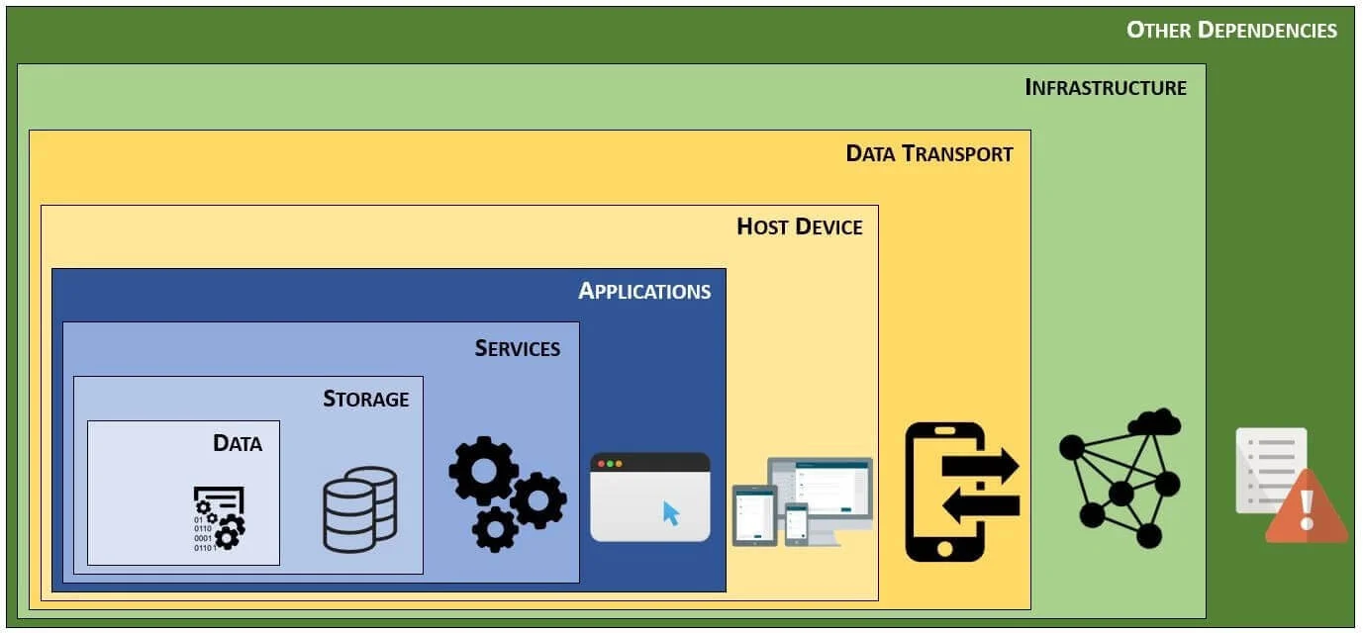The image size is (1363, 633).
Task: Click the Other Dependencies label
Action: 1231,30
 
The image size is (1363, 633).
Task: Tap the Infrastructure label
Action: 1106,87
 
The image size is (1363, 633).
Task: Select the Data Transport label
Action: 929,153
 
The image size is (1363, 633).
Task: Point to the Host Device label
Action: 800,226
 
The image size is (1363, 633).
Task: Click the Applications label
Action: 644,291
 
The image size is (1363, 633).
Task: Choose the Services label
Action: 518,348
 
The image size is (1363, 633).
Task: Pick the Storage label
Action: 366,399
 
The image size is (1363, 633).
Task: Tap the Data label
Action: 238,443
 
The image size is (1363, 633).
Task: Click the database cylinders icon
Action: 360,508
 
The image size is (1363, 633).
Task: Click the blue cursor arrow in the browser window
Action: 671,513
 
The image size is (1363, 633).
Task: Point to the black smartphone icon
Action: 945,492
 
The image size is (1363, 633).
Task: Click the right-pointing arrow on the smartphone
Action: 980,466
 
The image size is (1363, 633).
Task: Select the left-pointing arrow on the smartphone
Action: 980,505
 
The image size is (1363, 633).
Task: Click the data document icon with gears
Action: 219,517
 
